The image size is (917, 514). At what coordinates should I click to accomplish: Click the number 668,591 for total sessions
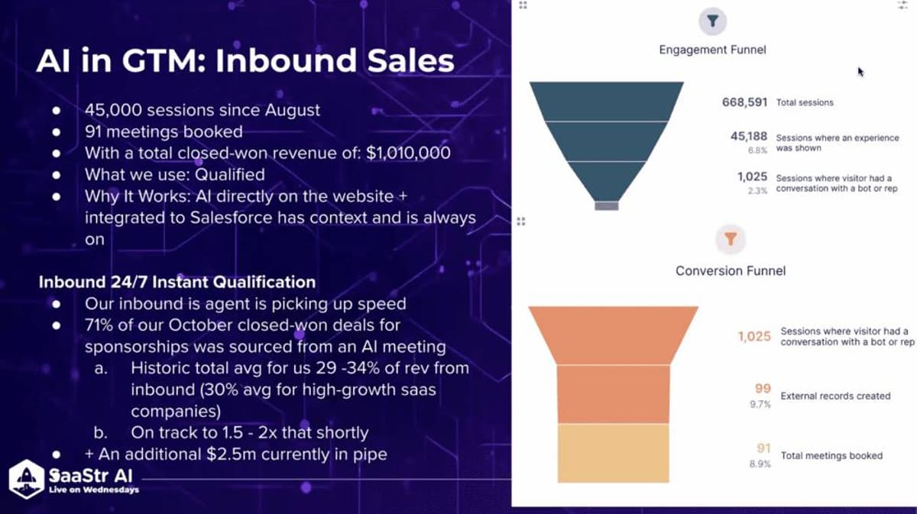click(x=744, y=102)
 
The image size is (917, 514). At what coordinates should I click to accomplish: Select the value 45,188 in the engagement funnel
click(x=748, y=137)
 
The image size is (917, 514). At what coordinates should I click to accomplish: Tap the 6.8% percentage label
click(x=757, y=150)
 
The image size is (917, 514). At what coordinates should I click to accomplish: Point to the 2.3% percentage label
click(x=757, y=191)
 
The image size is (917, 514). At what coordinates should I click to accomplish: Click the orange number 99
click(x=763, y=389)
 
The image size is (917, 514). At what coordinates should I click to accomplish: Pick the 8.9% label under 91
click(x=760, y=464)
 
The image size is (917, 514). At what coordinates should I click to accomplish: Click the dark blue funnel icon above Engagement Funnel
click(x=712, y=21)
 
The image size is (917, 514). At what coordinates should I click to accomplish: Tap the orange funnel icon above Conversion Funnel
click(x=730, y=240)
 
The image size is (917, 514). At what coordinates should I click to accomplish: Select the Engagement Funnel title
click(x=712, y=50)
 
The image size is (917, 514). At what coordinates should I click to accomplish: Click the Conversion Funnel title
click(x=730, y=270)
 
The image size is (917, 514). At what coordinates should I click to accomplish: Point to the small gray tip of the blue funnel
click(x=606, y=205)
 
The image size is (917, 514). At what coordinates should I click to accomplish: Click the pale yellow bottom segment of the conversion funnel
click(x=613, y=453)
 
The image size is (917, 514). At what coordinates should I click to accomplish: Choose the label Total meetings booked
click(x=831, y=456)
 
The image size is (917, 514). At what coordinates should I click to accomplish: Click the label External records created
click(x=835, y=396)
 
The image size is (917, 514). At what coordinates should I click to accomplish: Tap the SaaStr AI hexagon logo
click(x=26, y=479)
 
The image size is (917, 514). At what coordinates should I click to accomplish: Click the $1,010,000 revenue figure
click(x=408, y=153)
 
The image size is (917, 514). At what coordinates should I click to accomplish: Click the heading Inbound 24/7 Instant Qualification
click(x=177, y=282)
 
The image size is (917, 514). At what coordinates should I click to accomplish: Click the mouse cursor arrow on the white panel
click(x=860, y=72)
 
